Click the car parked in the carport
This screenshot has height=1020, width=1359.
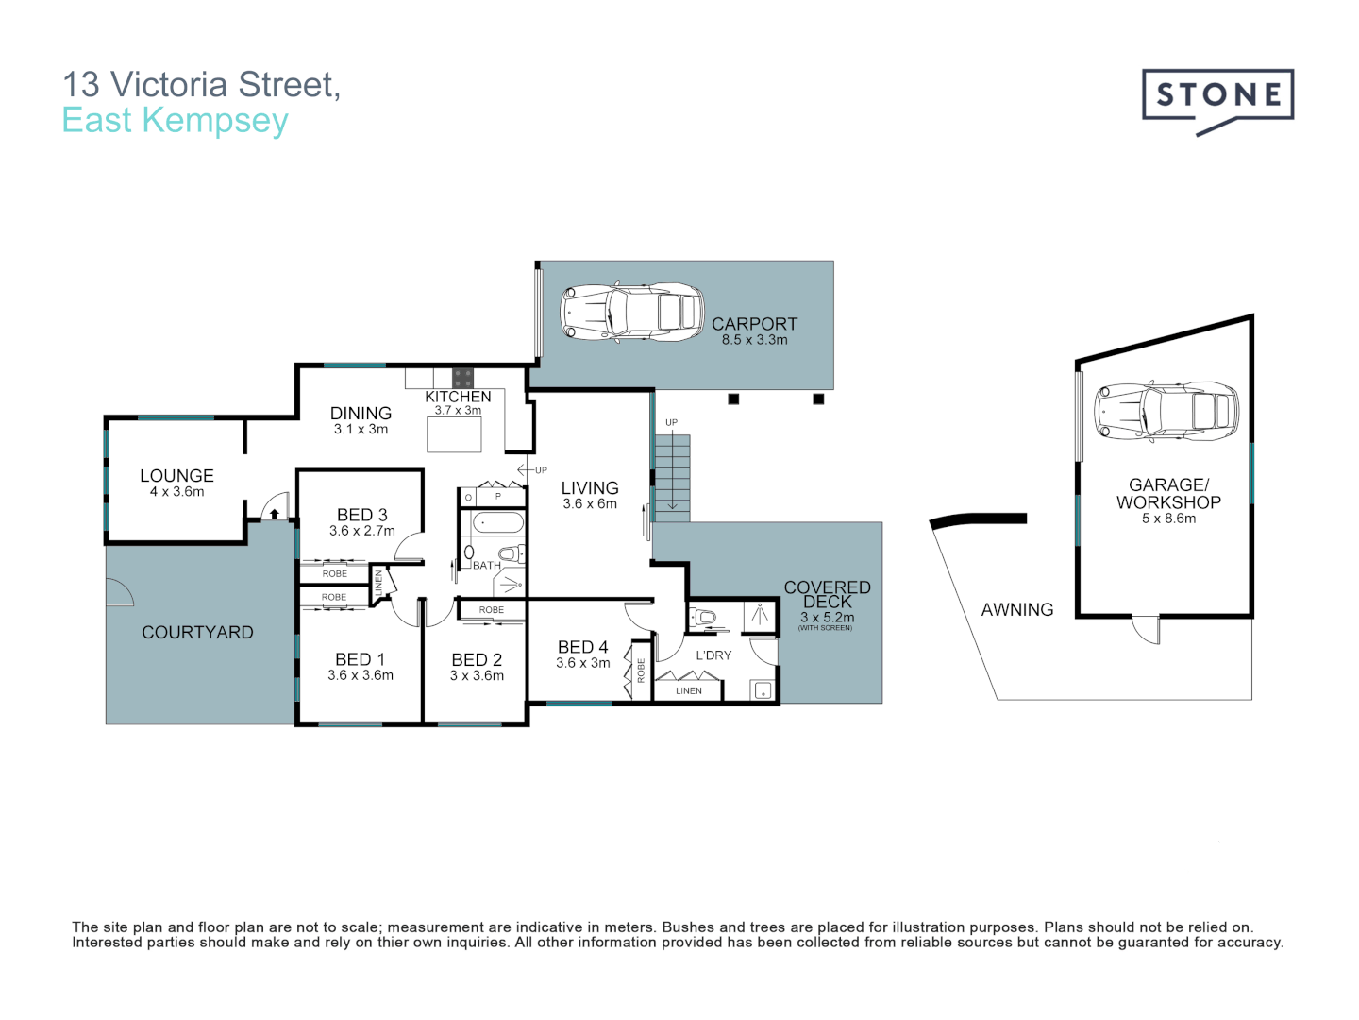pyautogui.click(x=632, y=312)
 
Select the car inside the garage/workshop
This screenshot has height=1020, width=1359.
pyautogui.click(x=1166, y=412)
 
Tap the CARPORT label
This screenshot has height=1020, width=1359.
pyautogui.click(x=754, y=324)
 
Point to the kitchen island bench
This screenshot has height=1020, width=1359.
pyautogui.click(x=454, y=434)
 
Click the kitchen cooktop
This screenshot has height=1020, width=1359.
pyautogui.click(x=462, y=378)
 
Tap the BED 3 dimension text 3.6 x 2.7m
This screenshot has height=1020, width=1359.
pyautogui.click(x=362, y=531)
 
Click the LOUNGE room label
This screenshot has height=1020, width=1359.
pyautogui.click(x=176, y=476)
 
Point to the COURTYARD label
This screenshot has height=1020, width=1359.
pyautogui.click(x=197, y=633)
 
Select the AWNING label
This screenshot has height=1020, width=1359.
pyautogui.click(x=1016, y=610)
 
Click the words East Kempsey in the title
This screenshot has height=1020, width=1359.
pyautogui.click(x=175, y=121)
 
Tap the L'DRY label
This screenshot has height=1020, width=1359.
pyautogui.click(x=713, y=655)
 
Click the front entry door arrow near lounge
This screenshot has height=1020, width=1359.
pyautogui.click(x=274, y=513)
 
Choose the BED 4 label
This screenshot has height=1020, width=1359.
pyautogui.click(x=582, y=647)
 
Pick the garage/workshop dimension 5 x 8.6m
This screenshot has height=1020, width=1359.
pyautogui.click(x=1168, y=518)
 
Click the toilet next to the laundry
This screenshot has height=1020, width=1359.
pyautogui.click(x=703, y=619)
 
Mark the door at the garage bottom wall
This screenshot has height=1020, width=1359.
pyautogui.click(x=1146, y=627)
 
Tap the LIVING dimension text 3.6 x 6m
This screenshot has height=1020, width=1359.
pyautogui.click(x=590, y=504)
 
